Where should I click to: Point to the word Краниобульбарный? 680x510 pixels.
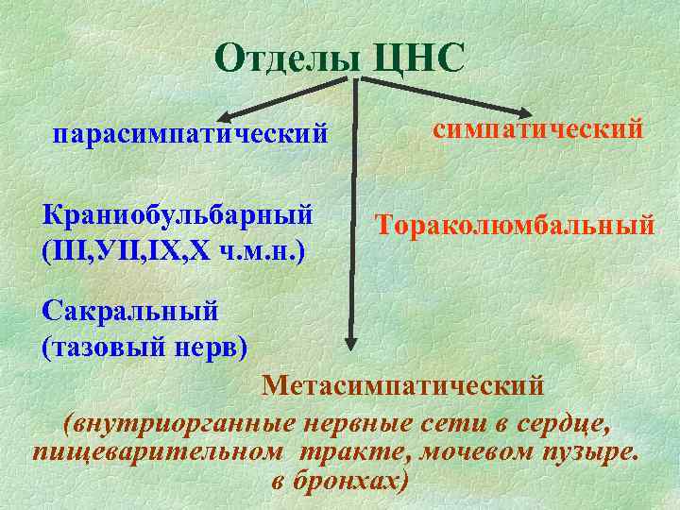coord(178,213)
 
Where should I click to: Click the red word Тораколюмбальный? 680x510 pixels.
coord(515,225)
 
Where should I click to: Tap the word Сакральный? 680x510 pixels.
coord(131,309)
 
